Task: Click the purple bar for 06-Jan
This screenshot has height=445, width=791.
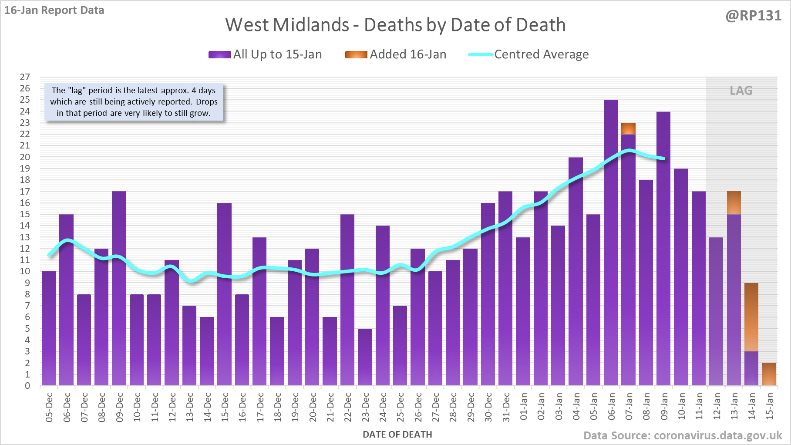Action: point(611,244)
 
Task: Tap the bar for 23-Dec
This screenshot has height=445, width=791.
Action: point(365,357)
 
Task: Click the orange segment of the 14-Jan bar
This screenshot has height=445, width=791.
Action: point(751,317)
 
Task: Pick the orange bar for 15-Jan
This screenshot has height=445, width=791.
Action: point(769,374)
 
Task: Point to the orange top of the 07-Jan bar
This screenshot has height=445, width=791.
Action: point(628,128)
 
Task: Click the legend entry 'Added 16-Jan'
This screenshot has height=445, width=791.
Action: point(396,54)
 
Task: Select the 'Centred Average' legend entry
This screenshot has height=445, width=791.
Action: point(528,54)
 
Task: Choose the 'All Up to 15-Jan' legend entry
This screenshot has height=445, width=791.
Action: point(265,54)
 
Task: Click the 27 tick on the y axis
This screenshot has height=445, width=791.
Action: point(25,77)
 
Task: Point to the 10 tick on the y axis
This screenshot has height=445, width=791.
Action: point(25,271)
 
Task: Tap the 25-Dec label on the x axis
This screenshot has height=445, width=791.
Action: point(401,408)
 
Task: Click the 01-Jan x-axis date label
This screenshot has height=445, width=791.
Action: point(523,407)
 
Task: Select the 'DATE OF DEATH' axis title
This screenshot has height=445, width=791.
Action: point(397,435)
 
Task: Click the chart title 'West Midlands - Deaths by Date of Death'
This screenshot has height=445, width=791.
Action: point(395,25)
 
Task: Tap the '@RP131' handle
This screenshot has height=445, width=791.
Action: point(754,16)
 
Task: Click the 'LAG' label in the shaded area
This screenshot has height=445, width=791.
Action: point(741,91)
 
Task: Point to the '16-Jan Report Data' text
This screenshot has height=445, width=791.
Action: point(54,10)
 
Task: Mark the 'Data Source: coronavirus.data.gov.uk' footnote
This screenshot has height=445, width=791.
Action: point(683,435)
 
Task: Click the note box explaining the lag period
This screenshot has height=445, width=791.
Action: point(134,102)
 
